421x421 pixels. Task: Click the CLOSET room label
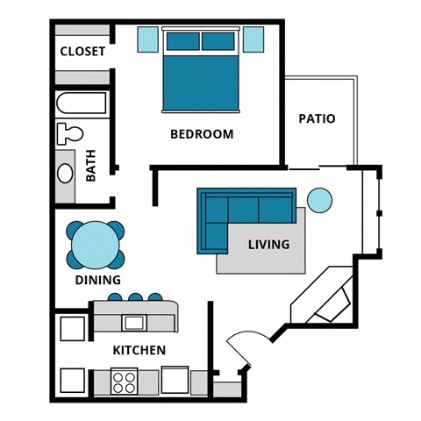pos(82,52)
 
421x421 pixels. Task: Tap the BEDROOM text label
pos(202,134)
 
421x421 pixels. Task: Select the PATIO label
pos(317,118)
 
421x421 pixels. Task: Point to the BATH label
pos(91,168)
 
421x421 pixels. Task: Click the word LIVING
pos(268,245)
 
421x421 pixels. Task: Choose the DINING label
pos(97,282)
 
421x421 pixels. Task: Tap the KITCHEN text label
pos(139,350)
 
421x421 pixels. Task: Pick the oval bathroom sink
pos(65,171)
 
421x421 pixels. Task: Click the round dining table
pos(94,245)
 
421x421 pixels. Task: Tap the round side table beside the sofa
pos(320,201)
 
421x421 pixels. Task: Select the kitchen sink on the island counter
pos(133,323)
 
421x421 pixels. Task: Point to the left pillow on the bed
pos(182,41)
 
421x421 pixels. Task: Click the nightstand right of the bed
pos(253,39)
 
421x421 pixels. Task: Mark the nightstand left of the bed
pos(148,39)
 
